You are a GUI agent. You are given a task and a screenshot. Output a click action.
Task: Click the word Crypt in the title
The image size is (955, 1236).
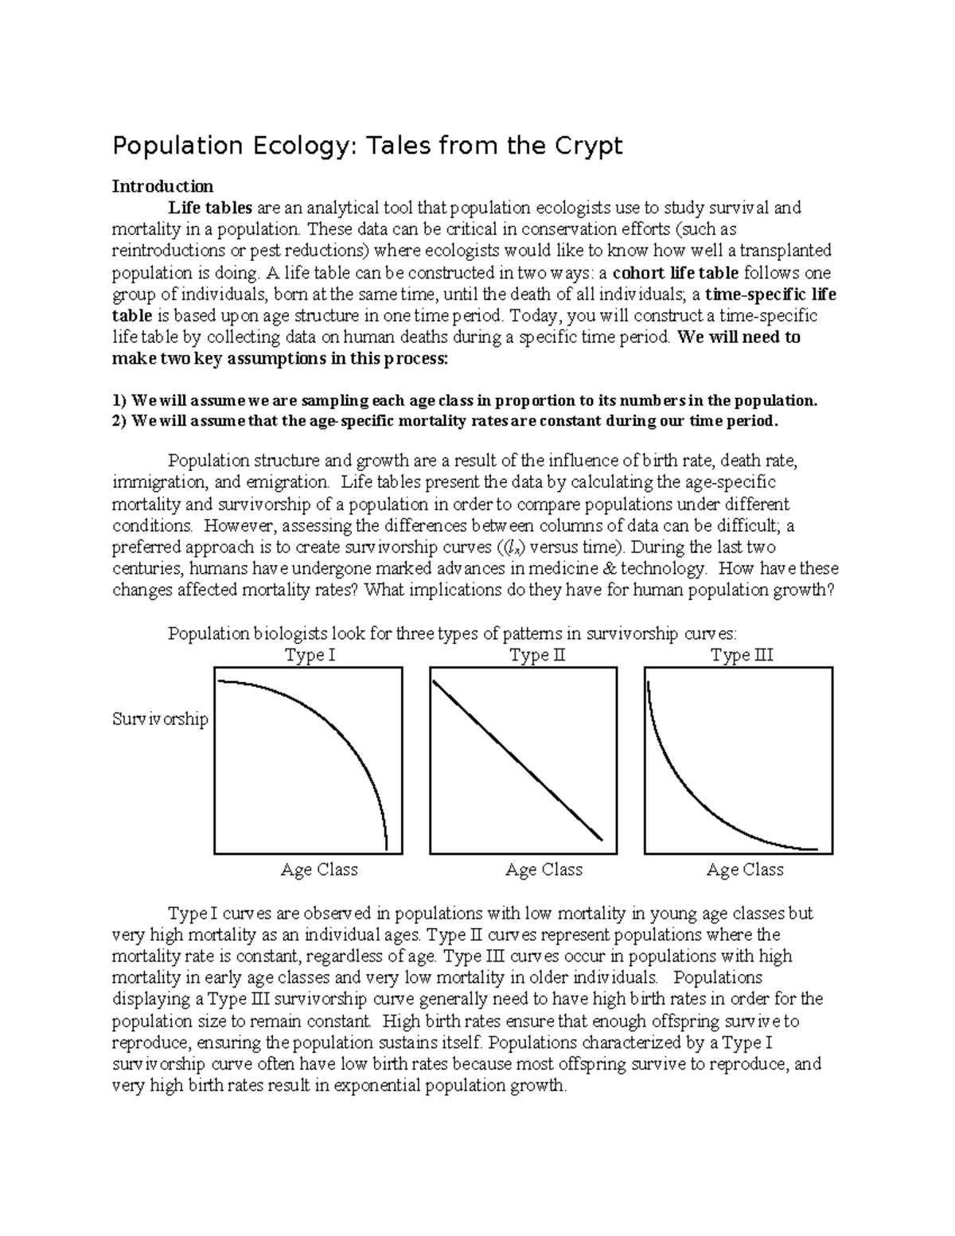(586, 146)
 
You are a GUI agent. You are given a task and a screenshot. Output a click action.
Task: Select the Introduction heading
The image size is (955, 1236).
(162, 186)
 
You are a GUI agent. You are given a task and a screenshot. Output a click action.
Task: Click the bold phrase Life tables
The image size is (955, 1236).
(210, 208)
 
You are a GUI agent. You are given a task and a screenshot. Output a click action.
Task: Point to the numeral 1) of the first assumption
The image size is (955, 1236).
(119, 400)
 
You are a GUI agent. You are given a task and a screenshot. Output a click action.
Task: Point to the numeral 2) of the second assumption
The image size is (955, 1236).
(119, 421)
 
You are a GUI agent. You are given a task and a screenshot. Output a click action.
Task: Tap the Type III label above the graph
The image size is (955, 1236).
(742, 656)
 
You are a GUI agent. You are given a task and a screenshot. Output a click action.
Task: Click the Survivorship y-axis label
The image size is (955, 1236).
(160, 719)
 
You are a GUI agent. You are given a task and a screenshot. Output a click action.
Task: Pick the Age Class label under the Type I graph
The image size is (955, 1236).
(318, 870)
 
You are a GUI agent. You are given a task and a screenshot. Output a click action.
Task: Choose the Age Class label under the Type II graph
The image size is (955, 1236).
(544, 870)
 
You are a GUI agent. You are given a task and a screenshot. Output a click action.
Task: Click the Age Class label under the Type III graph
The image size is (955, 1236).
(745, 870)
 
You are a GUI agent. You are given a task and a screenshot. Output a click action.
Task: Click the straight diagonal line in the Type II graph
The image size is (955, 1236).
(517, 760)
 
